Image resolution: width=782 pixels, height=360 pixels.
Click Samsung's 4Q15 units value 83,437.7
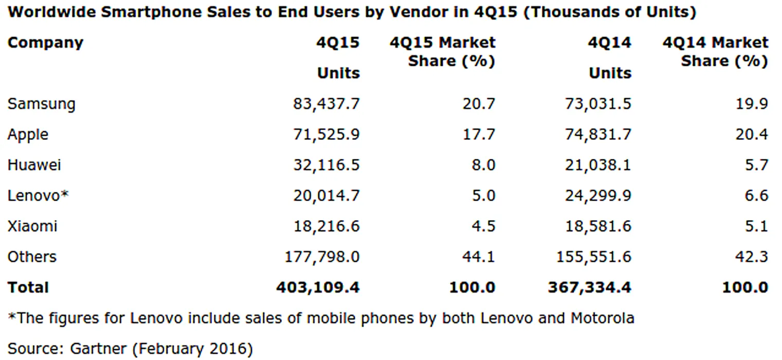(x=326, y=104)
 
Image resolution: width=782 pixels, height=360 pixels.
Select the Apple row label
(x=28, y=135)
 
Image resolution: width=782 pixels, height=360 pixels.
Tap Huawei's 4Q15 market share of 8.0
(x=483, y=165)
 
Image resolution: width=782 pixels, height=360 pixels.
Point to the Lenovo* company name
(x=38, y=195)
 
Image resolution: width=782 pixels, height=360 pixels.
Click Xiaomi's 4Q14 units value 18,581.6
(x=598, y=226)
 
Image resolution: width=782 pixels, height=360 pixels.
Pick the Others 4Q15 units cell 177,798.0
(x=322, y=257)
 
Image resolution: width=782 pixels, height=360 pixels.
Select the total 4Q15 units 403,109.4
(x=318, y=287)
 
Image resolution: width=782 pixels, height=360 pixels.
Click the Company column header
(x=45, y=42)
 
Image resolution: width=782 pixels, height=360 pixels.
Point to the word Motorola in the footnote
(x=602, y=318)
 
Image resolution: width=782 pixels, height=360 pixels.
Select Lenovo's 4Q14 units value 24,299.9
(x=598, y=195)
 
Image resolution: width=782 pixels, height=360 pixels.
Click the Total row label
(x=28, y=287)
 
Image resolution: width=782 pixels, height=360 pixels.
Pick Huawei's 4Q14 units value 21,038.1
(x=598, y=165)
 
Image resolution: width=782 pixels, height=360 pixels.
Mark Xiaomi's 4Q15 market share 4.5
(x=483, y=226)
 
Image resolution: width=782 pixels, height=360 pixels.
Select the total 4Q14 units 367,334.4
(x=590, y=287)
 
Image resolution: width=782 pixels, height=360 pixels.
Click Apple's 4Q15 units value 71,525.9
(x=326, y=135)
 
